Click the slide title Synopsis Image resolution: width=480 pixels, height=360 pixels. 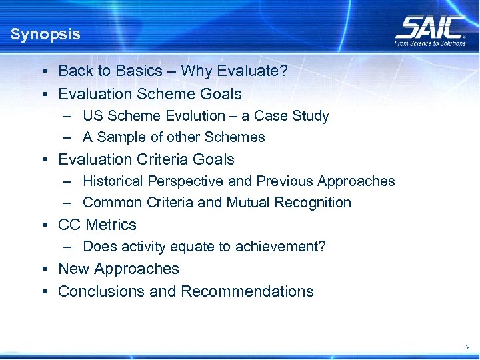[45, 34]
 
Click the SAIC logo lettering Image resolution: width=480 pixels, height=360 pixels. [430, 27]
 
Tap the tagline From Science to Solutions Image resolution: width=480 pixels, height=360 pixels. [430, 43]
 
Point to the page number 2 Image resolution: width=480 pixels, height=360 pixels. [467, 347]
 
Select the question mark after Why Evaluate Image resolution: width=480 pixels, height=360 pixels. [284, 71]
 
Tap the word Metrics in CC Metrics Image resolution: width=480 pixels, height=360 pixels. [111, 225]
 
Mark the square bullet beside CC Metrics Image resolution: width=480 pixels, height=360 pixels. [43, 225]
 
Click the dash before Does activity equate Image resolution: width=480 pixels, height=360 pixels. [68, 247]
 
